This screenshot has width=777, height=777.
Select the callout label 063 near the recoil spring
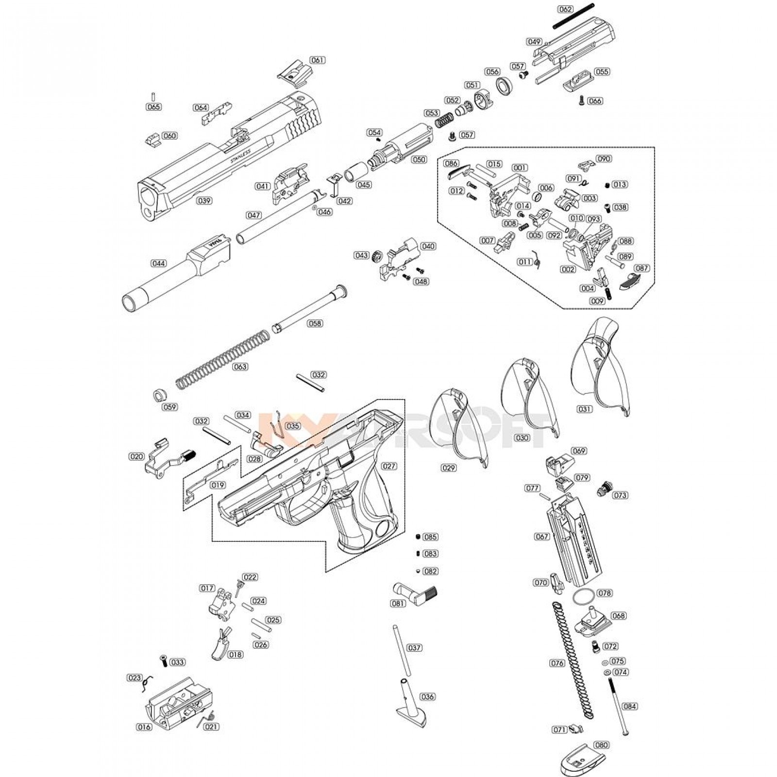[240, 367]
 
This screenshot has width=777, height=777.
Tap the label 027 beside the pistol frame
[389, 466]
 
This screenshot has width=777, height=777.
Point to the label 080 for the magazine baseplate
[601, 745]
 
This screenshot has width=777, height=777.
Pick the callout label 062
[565, 9]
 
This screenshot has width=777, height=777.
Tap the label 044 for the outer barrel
[158, 264]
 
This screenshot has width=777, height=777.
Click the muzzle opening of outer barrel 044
[130, 304]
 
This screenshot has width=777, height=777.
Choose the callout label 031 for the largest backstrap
[585, 409]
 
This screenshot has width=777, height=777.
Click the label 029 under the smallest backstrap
[448, 468]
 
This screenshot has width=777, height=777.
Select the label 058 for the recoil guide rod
[315, 323]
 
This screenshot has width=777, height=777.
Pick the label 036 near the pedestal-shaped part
[427, 697]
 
